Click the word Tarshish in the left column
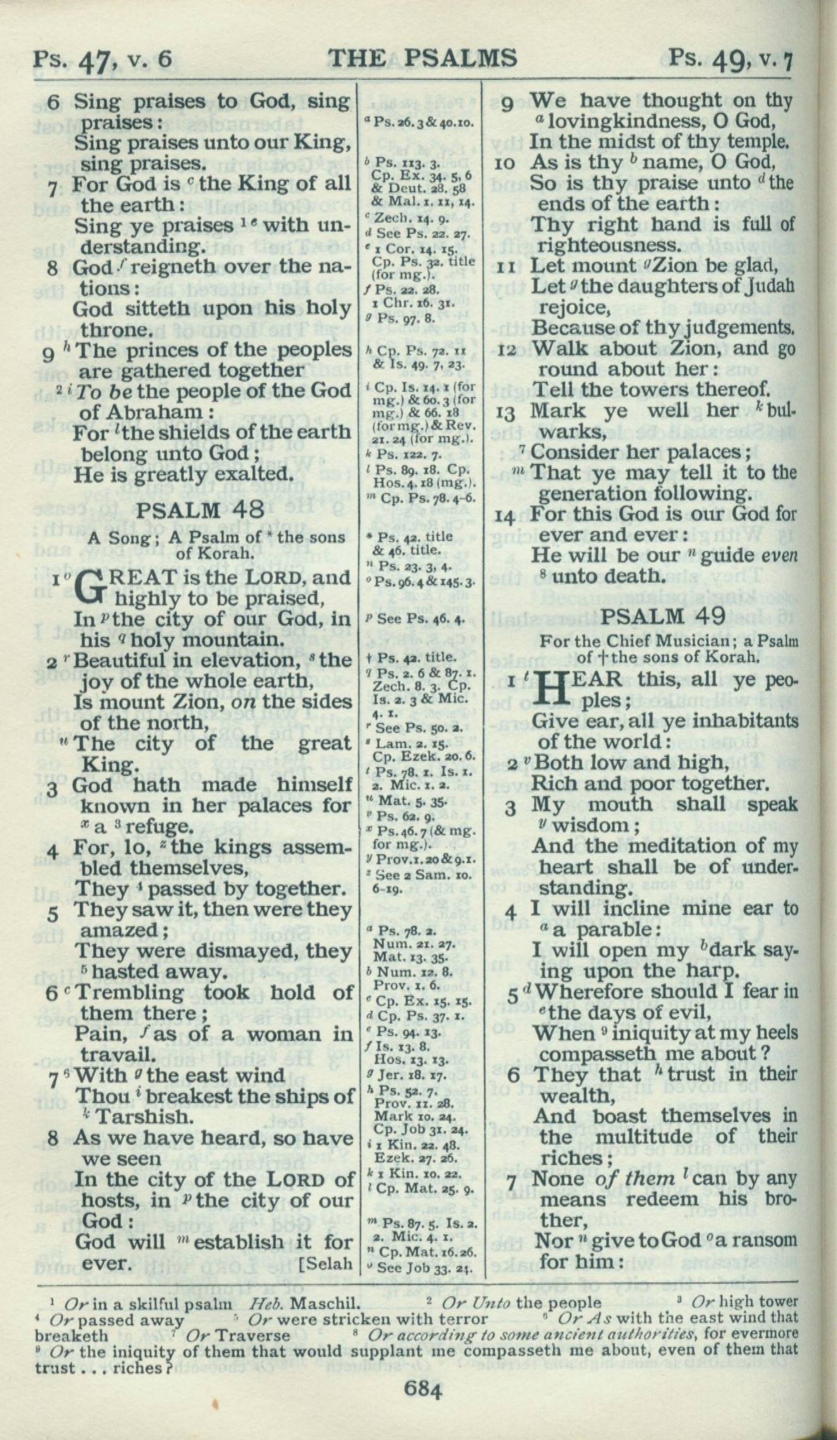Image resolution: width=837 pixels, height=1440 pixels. (142, 1117)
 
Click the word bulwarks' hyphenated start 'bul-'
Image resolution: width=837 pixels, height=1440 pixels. (778, 411)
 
